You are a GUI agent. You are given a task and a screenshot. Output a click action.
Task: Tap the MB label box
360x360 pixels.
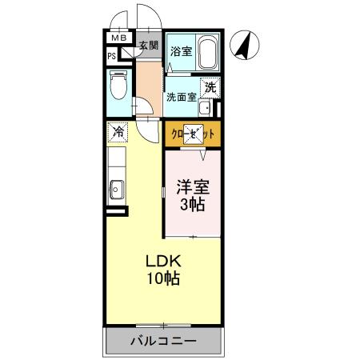click(118, 38)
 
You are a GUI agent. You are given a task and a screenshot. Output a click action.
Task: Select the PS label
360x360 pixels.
click(113, 56)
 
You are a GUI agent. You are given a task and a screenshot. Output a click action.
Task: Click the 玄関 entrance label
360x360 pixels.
click(149, 46)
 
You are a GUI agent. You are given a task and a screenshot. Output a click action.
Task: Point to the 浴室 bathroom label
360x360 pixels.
click(181, 51)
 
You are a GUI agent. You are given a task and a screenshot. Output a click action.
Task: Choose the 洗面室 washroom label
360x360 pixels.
click(182, 98)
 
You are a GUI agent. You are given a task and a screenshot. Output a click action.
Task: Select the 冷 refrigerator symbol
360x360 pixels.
click(117, 131)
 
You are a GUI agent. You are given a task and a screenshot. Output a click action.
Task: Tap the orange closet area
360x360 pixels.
click(192, 134)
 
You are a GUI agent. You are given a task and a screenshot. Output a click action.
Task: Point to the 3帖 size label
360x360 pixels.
click(191, 206)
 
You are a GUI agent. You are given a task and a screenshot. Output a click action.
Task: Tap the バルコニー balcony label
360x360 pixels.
click(162, 342)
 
